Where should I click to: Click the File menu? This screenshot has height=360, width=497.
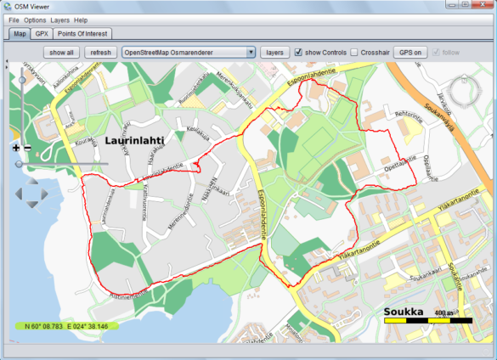(14, 20)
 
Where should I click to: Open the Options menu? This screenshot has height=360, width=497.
(35, 20)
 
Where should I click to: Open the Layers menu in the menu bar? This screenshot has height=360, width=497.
(59, 20)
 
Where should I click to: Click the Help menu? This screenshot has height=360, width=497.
(81, 20)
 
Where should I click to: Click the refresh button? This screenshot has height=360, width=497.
(101, 53)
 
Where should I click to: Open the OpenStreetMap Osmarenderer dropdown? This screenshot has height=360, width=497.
(189, 53)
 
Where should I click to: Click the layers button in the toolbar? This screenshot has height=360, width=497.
(274, 53)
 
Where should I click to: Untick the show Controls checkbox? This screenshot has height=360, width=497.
(299, 53)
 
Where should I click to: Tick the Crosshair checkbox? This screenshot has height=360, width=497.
(354, 53)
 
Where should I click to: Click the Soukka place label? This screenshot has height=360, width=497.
(404, 312)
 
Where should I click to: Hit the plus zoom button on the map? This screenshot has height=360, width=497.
(16, 148)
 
